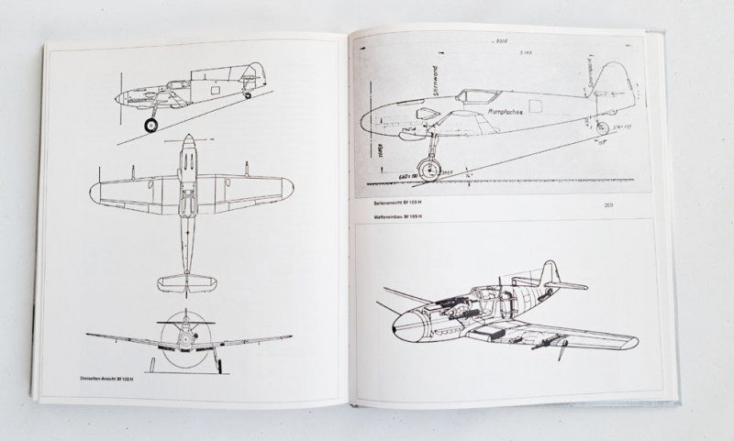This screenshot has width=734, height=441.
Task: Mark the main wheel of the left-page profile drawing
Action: point(150,125)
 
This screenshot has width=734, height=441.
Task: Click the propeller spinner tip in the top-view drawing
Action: point(187,138)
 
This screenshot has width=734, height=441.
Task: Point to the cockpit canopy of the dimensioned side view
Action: point(478,94)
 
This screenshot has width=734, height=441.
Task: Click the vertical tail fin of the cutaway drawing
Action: point(550,272)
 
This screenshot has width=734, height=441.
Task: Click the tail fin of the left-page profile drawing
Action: point(254,74)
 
